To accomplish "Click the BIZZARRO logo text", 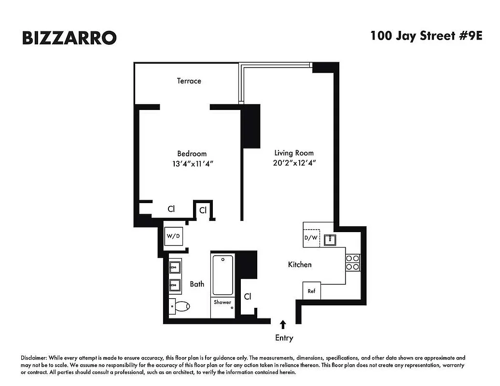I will [69, 38].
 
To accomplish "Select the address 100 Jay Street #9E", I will [426, 36].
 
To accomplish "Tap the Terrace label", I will [189, 81].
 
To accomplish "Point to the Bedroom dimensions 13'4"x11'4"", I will [193, 164].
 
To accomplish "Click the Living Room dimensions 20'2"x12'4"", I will [294, 163].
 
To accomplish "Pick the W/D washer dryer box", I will [173, 236].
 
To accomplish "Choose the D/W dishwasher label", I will [311, 238].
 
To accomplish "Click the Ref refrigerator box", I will [311, 291].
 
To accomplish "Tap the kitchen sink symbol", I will [331, 239].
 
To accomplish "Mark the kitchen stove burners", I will [352, 262].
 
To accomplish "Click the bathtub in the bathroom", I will [222, 275].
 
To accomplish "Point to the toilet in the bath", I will [181, 306].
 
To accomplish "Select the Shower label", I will [222, 303].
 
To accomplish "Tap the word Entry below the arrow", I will [284, 338].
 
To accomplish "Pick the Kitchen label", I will [300, 264].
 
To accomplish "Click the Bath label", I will [197, 284].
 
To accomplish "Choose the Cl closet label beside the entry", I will [247, 296].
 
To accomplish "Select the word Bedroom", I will [192, 153].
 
